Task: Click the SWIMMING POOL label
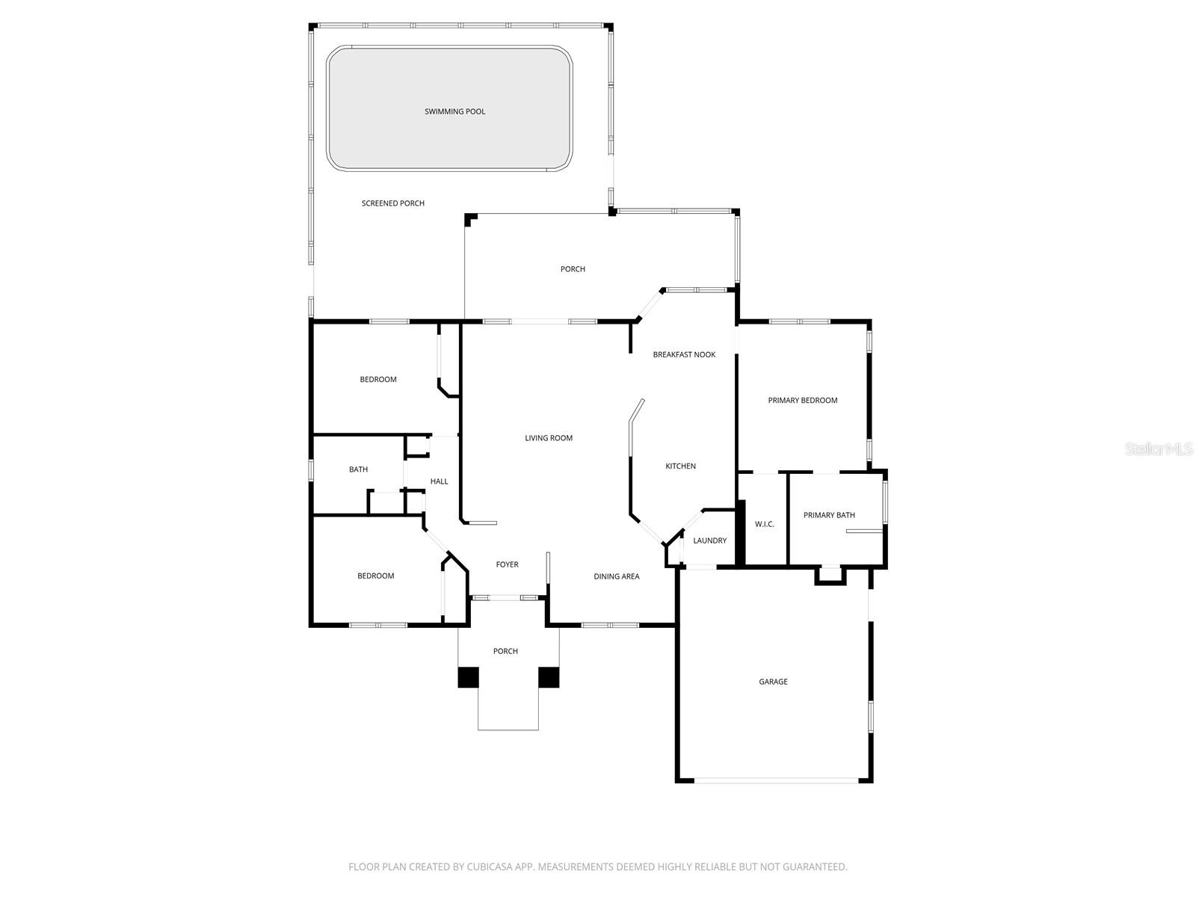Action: [x=454, y=111]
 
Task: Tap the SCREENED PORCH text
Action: [x=392, y=203]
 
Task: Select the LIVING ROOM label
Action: [x=548, y=438]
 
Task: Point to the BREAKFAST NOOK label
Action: [x=684, y=354]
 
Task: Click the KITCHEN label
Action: [x=680, y=466]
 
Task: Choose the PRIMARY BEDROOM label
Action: [x=802, y=401]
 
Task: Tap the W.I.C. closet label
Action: [x=764, y=524]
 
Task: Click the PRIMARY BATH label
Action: [x=829, y=515]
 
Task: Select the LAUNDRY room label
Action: [x=709, y=540]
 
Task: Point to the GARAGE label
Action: [x=773, y=682]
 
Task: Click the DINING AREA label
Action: [x=616, y=576]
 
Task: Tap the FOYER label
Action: [x=507, y=564]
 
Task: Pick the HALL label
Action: [x=439, y=481]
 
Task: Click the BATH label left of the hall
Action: [x=358, y=469]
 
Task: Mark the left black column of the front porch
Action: [x=468, y=677]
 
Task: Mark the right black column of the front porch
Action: [x=549, y=677]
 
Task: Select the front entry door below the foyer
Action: [x=508, y=597]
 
